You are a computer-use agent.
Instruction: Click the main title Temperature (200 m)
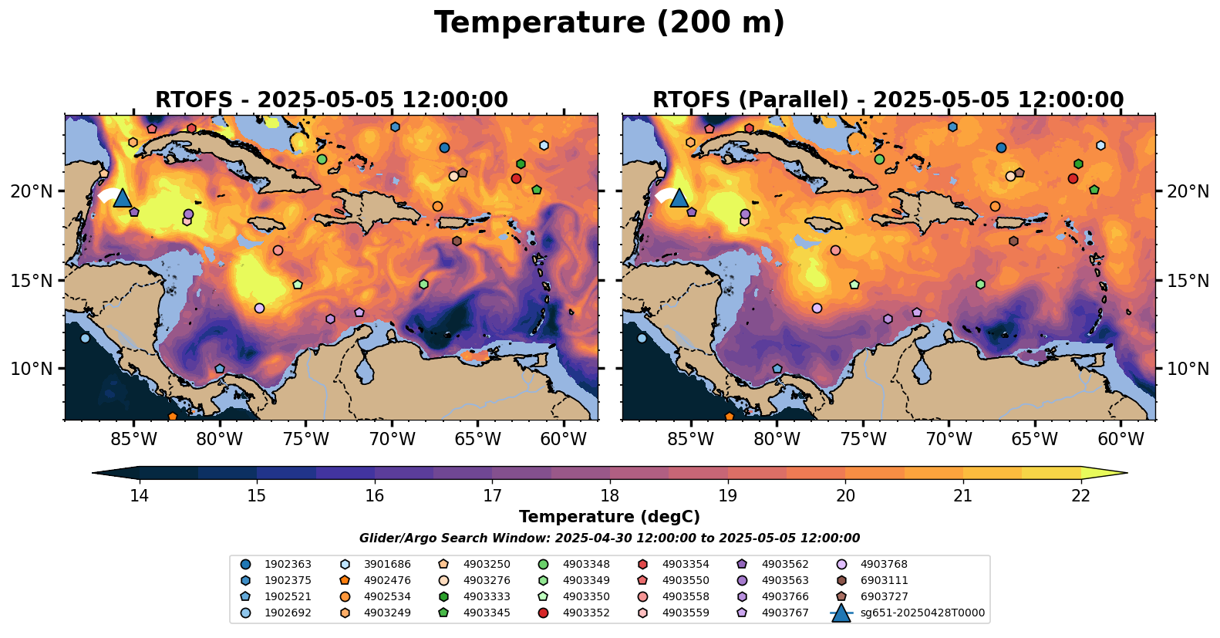[609, 23]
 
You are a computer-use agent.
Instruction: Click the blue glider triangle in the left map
[122, 198]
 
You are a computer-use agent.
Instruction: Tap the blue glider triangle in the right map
[679, 198]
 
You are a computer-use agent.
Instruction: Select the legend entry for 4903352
[586, 613]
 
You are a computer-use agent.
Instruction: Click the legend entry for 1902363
[286, 565]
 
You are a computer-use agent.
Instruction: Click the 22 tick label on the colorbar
[1080, 495]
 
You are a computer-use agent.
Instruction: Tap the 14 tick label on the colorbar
[139, 495]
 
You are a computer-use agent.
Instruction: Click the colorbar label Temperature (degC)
[609, 517]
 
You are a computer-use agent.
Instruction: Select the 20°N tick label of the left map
[32, 191]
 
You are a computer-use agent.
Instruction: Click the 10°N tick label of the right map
[1188, 369]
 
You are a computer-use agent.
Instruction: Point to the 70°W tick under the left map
[392, 440]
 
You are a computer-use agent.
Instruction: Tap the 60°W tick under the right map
[1121, 440]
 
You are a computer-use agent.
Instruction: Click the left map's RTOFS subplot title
[332, 100]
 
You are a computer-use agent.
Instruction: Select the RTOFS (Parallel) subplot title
[888, 100]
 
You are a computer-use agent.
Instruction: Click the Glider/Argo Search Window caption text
[609, 538]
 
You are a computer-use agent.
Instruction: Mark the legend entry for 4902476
[387, 581]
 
